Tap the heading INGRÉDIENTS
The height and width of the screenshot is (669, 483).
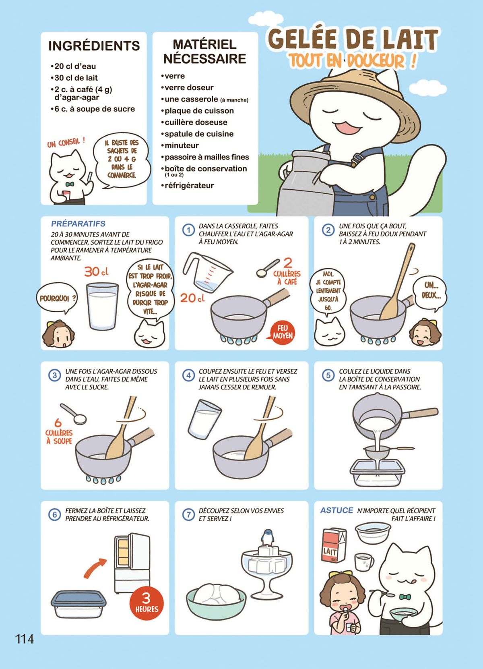tap(94, 46)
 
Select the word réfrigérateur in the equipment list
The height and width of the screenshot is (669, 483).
tap(189, 185)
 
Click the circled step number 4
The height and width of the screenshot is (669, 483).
tap(188, 375)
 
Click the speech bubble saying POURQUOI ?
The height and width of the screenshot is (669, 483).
tap(56, 299)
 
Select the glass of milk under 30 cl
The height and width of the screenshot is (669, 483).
tap(102, 306)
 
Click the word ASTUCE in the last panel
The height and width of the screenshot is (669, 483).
tap(336, 510)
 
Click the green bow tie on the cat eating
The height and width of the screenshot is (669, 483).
tap(405, 597)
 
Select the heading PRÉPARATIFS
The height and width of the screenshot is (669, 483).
tap(78, 224)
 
